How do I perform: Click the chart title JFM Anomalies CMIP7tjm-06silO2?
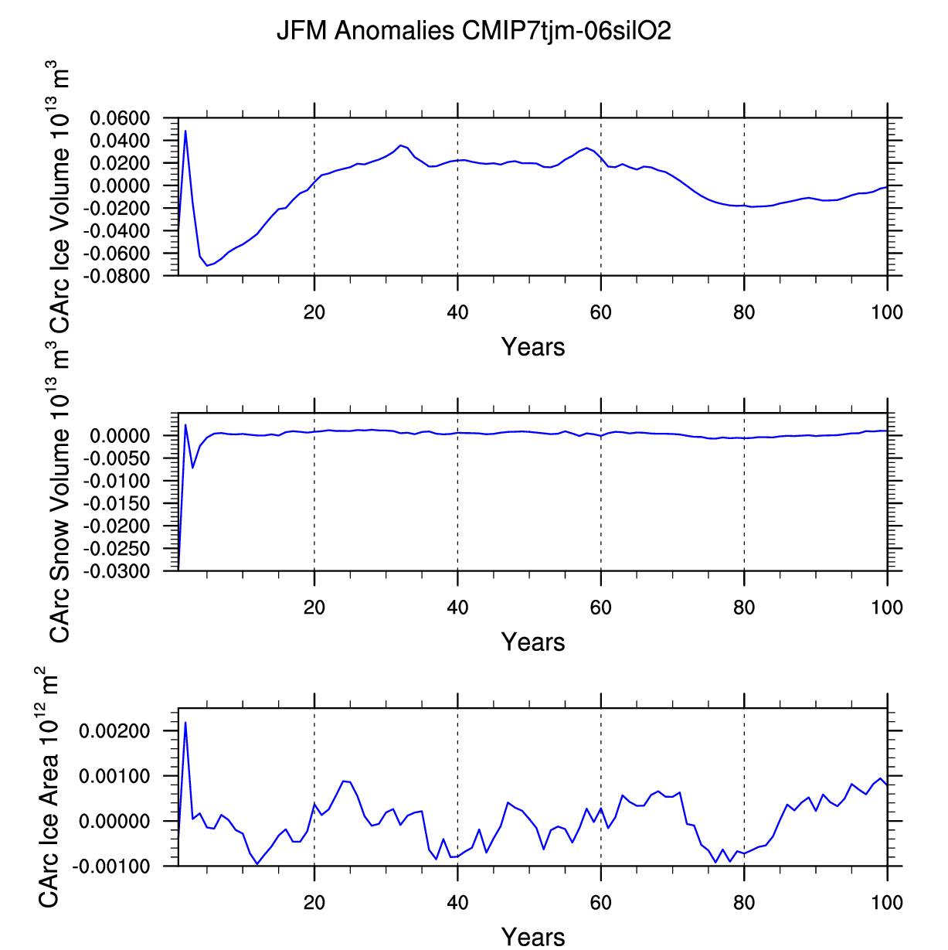[474, 31]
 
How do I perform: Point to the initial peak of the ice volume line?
[185, 131]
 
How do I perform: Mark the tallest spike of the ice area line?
[185, 722]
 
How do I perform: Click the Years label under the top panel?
[533, 347]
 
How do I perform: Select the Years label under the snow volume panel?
[533, 642]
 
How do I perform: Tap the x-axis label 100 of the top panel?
[887, 312]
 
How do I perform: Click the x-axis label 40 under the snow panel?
[457, 608]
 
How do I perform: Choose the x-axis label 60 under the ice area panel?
[600, 903]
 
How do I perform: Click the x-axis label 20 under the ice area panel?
[314, 903]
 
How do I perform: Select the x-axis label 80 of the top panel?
[744, 312]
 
